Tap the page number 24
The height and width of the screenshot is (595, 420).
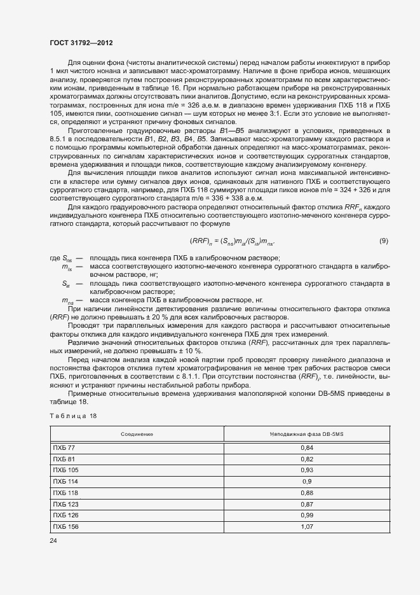53,540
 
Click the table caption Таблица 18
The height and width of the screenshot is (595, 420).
73,416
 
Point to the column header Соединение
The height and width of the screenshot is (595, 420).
137,434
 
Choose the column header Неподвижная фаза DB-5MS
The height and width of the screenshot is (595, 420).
306,434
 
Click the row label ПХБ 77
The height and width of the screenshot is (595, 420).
64,448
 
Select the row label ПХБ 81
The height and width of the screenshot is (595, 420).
64,459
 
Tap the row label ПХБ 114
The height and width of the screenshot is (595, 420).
65,481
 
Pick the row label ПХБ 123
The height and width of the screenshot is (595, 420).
65,503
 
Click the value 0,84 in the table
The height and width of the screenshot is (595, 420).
306,448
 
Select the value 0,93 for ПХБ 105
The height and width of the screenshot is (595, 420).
306,470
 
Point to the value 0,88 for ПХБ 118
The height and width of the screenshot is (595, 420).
306,493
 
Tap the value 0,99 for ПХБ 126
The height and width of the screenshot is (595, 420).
306,515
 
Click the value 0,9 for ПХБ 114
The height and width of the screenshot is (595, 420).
306,481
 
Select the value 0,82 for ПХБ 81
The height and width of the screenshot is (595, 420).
306,459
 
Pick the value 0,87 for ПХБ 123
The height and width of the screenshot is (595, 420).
306,503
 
